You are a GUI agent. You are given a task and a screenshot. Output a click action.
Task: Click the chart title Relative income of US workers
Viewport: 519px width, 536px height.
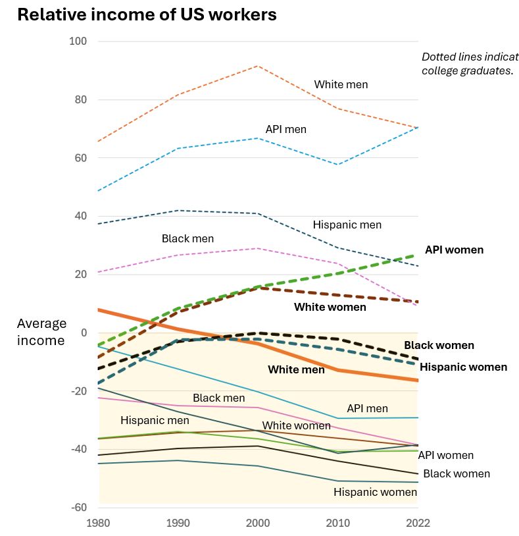pos(147,14)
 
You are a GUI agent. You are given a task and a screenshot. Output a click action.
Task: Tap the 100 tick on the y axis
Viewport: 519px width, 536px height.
pos(78,41)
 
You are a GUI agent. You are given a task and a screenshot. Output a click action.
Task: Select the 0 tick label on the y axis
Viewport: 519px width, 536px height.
pos(84,333)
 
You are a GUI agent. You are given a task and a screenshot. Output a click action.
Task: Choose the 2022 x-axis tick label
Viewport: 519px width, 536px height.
pos(418,523)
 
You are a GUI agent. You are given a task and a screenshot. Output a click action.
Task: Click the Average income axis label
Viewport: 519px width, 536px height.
pos(41,332)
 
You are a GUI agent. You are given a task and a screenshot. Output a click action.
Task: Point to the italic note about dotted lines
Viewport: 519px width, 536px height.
pos(470,63)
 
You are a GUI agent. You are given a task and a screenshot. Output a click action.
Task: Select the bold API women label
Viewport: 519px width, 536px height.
pos(454,250)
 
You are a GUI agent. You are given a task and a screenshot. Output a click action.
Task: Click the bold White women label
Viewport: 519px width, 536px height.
pos(330,307)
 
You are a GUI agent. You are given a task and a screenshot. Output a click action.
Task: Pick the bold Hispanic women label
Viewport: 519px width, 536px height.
pos(463,367)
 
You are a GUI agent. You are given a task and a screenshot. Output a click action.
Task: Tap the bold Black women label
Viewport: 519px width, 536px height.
pos(439,345)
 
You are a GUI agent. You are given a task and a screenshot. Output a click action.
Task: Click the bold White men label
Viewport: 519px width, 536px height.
pos(296,369)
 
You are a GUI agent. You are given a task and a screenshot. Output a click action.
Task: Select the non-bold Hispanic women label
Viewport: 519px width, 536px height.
pos(375,492)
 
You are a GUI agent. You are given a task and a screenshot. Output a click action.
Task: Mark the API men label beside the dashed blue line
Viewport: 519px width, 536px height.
pos(285,129)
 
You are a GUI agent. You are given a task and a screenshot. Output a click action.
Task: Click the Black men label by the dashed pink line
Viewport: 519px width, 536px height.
pos(187,238)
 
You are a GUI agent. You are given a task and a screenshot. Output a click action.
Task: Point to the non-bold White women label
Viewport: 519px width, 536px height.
pos(296,425)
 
